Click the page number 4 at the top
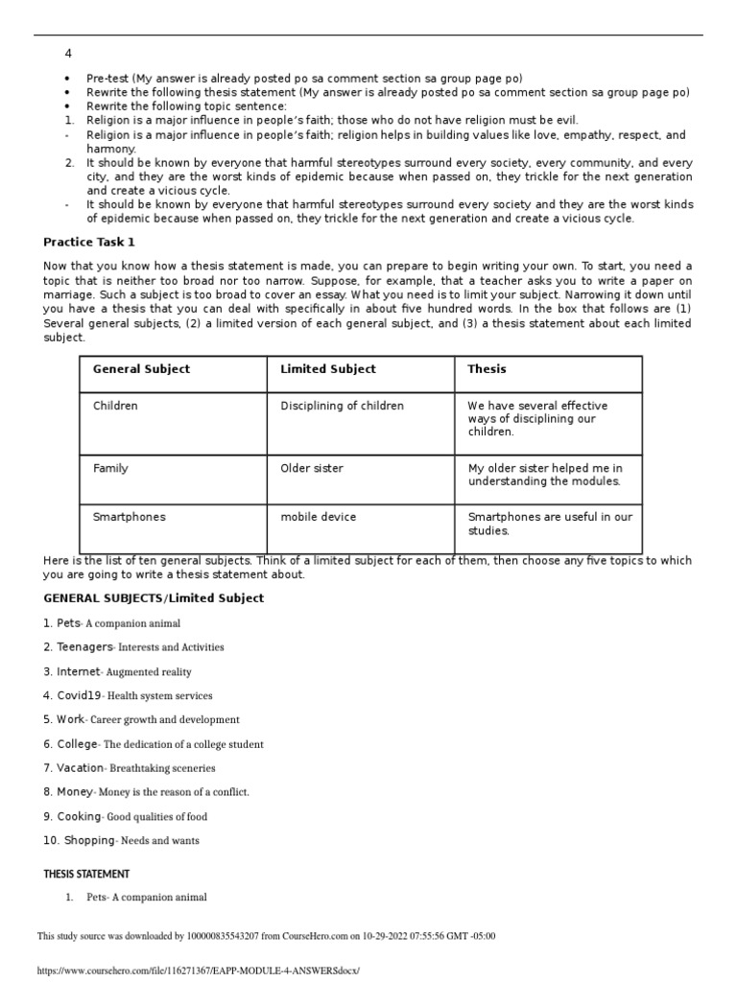68,54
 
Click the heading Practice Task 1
89,242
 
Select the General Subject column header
141,369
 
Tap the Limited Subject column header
327,369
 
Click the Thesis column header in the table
487,369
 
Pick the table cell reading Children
115,406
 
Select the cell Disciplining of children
342,406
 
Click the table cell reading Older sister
311,468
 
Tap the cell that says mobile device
318,517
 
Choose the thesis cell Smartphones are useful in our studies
549,524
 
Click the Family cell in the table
110,468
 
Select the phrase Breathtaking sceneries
162,768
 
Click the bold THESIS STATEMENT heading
86,874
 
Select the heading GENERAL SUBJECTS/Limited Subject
154,598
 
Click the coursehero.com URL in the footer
198,970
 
